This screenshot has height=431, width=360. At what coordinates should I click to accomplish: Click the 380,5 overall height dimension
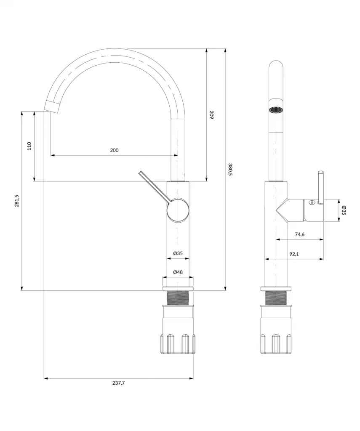(x=230, y=170)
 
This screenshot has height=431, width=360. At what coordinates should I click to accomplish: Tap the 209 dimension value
(x=211, y=114)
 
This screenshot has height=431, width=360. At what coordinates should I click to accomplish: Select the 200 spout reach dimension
(x=114, y=150)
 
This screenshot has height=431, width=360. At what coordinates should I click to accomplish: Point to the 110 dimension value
(x=29, y=146)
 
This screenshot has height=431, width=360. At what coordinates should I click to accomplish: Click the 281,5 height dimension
(x=16, y=201)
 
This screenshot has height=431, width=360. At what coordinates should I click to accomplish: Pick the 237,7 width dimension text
(x=119, y=383)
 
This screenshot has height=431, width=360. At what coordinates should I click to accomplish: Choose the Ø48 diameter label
(x=178, y=272)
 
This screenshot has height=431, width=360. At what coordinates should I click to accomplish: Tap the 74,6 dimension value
(x=299, y=234)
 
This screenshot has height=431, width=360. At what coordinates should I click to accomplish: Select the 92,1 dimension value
(x=294, y=254)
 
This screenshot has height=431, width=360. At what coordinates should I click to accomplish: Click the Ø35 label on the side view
(x=344, y=210)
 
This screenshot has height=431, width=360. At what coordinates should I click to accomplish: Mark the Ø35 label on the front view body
(x=178, y=253)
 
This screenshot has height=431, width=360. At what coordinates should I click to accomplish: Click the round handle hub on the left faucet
(x=178, y=211)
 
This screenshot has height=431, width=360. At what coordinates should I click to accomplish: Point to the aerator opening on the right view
(x=275, y=110)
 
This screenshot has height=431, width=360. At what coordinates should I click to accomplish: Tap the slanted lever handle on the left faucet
(x=155, y=187)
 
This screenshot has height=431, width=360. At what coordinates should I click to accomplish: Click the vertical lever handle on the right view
(x=321, y=187)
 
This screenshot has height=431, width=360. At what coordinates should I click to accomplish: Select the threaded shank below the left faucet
(x=178, y=298)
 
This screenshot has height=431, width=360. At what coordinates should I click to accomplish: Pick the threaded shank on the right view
(x=276, y=298)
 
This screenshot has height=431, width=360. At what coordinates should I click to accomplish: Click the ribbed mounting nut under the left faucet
(x=178, y=343)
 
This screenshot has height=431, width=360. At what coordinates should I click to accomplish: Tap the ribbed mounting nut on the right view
(x=276, y=343)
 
